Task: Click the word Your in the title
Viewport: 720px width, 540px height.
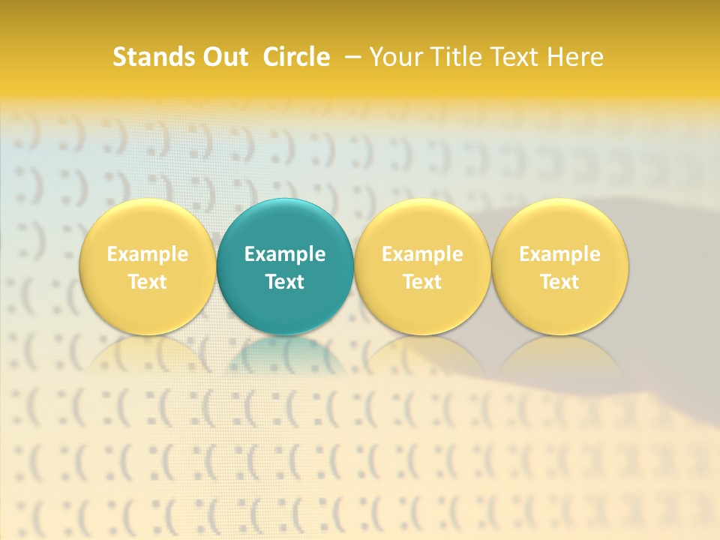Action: coord(394,57)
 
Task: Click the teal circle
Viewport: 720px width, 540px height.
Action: coord(285,225)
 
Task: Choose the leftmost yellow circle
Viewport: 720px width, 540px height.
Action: coord(148,225)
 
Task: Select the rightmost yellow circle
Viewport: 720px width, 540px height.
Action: coord(560,225)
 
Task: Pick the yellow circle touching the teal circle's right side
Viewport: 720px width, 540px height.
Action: coord(422,225)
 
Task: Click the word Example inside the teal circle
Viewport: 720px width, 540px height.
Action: coord(285,254)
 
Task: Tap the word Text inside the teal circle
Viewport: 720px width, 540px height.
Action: coord(285,282)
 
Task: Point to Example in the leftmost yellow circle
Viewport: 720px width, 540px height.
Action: coord(148,254)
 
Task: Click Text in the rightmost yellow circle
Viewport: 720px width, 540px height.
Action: coord(560,282)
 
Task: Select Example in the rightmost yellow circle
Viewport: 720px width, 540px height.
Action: coord(560,254)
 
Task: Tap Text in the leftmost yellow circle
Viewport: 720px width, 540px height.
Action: coord(148,282)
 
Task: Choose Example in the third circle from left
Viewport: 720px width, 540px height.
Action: coord(422,254)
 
